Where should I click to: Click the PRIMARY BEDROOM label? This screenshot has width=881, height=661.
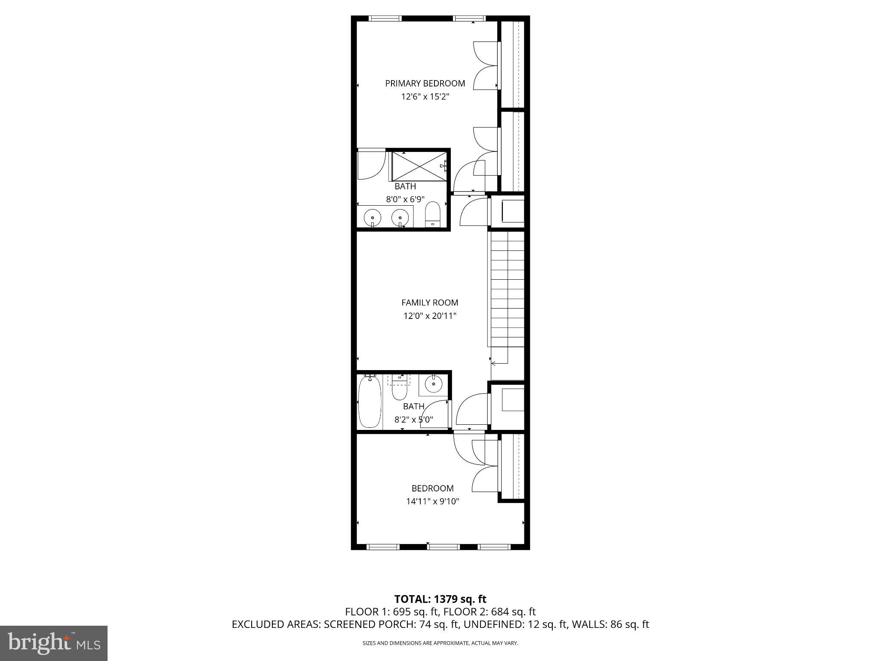425,83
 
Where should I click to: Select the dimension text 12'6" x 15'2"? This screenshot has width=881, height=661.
425,97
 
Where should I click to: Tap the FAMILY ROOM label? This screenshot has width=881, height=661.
429,303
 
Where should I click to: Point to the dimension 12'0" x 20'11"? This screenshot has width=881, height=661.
429,316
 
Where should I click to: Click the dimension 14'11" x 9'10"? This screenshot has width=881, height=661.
432,501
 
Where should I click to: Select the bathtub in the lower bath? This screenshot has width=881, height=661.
370,402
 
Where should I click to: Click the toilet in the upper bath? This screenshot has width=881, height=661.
432,214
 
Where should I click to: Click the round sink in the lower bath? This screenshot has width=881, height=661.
434,383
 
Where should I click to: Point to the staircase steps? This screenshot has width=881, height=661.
508,288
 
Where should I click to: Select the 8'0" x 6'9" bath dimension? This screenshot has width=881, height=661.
405,199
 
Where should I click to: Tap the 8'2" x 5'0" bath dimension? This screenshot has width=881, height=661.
413,420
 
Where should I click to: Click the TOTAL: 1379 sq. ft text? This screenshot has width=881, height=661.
440,599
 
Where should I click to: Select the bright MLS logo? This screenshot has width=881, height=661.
54,643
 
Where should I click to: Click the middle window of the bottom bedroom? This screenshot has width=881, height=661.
443,547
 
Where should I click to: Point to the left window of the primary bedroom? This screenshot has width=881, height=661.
385,19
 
